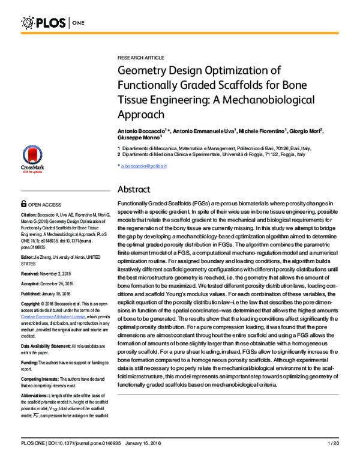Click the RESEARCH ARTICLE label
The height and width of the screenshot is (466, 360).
point(140,57)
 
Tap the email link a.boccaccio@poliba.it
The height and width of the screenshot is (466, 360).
point(143,165)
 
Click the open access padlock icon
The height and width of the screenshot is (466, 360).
point(23,204)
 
